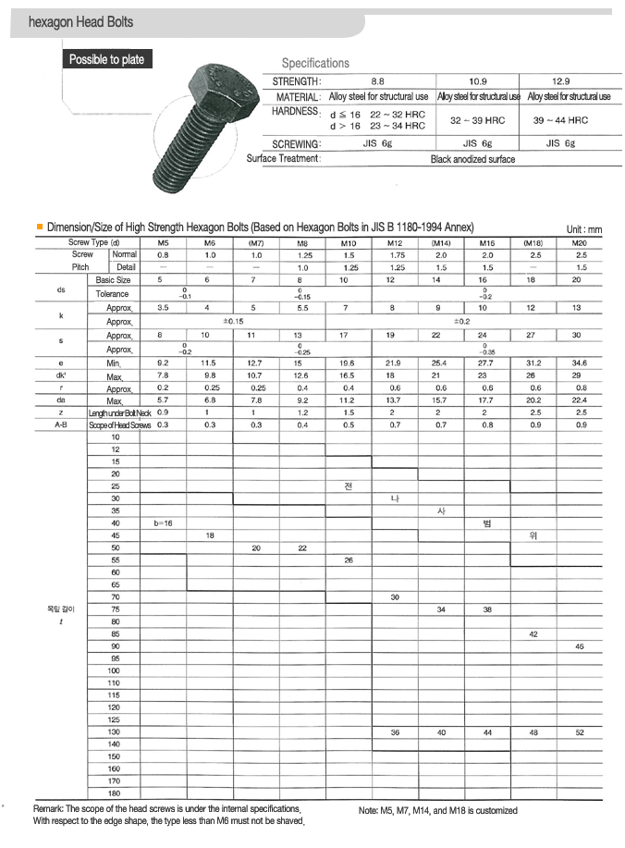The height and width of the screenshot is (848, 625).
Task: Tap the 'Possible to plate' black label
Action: (107, 60)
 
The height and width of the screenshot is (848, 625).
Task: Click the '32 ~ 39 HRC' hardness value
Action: (477, 120)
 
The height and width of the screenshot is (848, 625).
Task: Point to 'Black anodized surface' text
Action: (472, 159)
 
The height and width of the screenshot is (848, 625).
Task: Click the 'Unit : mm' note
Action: (584, 229)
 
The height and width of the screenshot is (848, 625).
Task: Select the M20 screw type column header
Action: (580, 242)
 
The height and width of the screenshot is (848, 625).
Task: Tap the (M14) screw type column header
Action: (441, 242)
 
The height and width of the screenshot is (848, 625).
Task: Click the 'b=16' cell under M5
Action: (164, 523)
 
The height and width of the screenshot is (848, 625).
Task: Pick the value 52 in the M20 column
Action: (580, 731)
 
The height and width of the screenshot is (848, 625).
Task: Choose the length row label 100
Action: (114, 670)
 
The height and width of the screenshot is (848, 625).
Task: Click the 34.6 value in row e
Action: (580, 363)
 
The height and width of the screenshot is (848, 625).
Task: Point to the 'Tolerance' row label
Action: (113, 293)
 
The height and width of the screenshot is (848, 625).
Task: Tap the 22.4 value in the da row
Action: (580, 399)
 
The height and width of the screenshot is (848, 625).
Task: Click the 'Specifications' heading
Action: (315, 64)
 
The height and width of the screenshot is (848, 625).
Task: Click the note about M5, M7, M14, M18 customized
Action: (437, 811)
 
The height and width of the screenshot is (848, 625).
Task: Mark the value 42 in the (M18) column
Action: (533, 633)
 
